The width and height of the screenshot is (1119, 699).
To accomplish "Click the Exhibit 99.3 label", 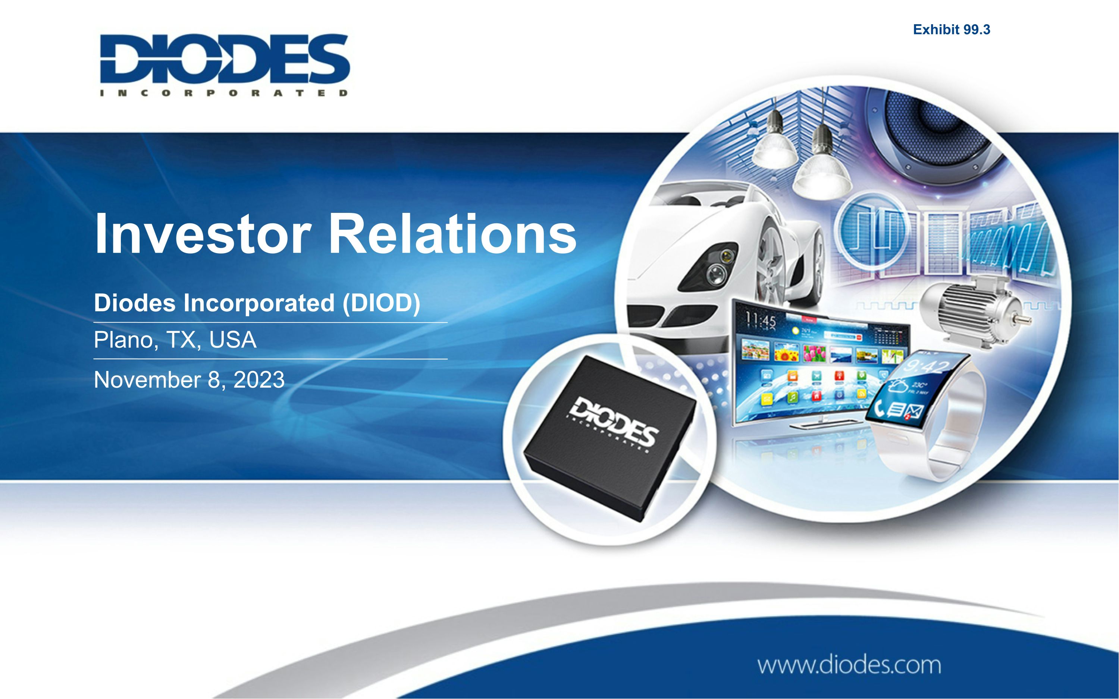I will point(951,29).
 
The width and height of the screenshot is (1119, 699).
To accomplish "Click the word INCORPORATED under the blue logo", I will point(224,93).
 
